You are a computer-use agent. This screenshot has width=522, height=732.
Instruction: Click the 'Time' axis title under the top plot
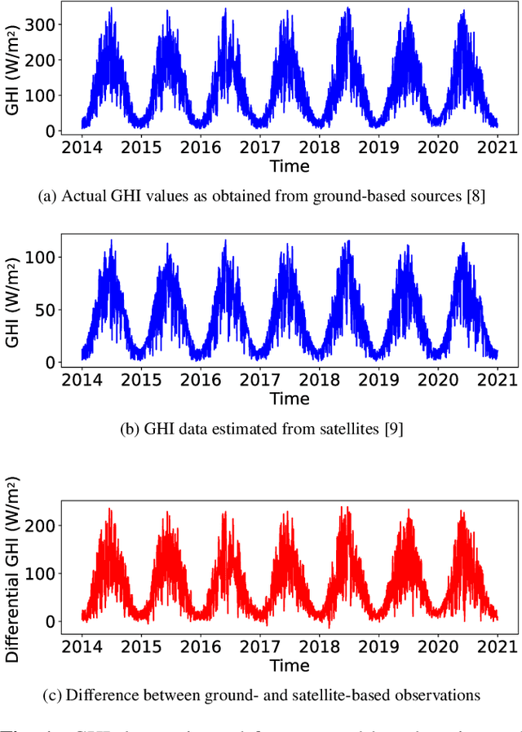click(x=290, y=167)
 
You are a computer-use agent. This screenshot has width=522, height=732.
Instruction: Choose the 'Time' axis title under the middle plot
click(x=290, y=399)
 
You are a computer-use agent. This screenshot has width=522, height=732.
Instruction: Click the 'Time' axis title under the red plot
click(x=290, y=665)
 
